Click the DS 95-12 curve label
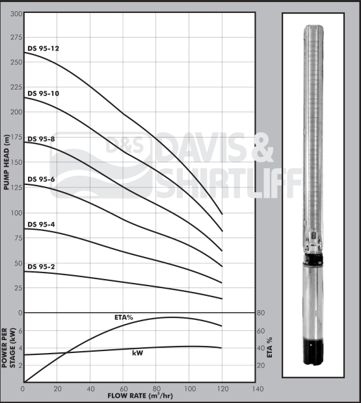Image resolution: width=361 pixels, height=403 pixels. point(43,48)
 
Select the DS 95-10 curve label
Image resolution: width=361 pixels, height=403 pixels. point(43,93)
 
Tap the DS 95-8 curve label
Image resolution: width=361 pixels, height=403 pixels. point(41,138)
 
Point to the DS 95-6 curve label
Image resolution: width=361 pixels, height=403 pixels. point(41,179)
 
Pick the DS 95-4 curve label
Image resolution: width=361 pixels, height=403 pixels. point(41,224)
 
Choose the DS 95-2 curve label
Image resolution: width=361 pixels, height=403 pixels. point(41,266)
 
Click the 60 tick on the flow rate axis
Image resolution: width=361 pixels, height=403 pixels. point(124,388)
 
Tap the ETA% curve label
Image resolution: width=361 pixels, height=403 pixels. point(123,318)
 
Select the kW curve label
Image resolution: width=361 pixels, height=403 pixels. point(138,353)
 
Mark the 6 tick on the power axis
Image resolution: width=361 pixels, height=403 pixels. point(20,331)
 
